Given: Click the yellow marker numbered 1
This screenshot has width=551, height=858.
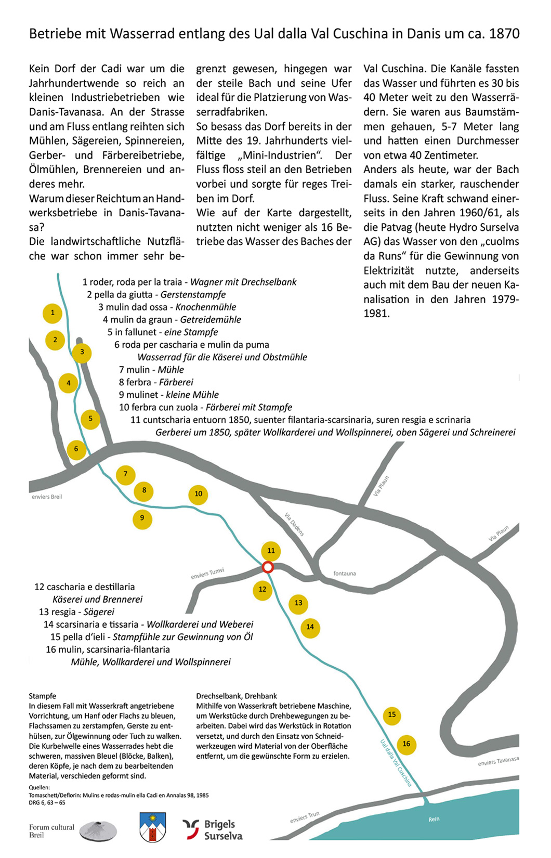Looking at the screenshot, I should coord(53,313).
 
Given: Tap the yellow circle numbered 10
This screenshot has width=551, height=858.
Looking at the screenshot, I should coord(198,494).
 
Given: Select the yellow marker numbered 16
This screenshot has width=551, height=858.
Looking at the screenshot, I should coord(406,744).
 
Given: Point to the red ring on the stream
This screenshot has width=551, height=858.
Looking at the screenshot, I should coord(268,567).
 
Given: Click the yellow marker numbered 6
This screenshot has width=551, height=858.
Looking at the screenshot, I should coord(76,449).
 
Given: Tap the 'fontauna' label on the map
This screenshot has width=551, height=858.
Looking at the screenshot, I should coord(345,574).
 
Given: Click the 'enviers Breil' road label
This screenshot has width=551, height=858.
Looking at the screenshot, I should coord(47,497).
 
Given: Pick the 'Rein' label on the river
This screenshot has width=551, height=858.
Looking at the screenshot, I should coord(434,819).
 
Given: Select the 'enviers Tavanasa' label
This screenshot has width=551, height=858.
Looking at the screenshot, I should coord(498,761).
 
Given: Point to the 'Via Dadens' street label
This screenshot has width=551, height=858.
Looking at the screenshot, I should coord(294,524).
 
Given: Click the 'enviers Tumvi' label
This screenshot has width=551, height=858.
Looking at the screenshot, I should coord(207,574).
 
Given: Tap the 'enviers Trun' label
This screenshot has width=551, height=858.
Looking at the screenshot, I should coord(305,817).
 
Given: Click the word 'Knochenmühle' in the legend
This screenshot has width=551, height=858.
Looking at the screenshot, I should coord(206,307).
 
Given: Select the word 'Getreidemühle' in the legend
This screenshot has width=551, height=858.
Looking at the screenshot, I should coord(211,320).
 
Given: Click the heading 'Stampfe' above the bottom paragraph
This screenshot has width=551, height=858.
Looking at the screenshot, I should coord(43,696).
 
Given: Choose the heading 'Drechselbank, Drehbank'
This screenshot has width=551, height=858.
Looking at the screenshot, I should coord(237,696).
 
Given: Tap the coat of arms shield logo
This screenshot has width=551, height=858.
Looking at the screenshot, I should coord(153,827).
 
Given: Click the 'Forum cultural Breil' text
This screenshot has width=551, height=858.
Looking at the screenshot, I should coord(51,831).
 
